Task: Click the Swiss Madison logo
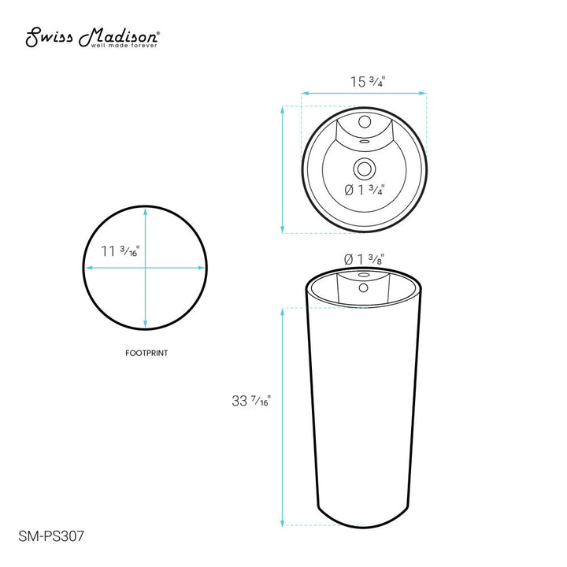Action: pos(94,37)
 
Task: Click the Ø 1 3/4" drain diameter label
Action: pos(364,189)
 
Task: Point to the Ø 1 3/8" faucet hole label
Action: pos(364,258)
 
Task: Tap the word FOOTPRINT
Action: pos(146,354)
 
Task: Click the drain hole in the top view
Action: pos(364,167)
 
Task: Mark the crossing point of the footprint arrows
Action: pos(146,268)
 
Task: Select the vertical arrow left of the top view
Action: pos(283,169)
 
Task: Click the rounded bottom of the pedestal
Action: pos(364,521)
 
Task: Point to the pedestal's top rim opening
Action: pos(364,276)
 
